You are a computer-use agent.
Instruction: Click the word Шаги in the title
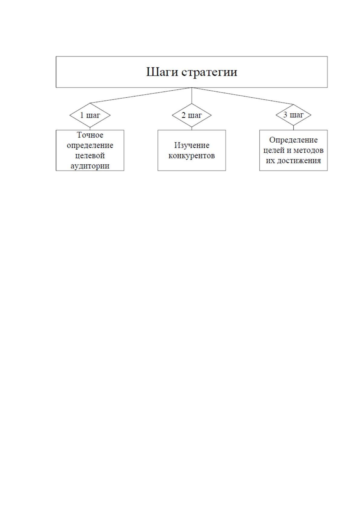tap(162, 72)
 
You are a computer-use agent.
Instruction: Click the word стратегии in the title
tap(209, 73)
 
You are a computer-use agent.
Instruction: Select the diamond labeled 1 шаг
tap(90, 115)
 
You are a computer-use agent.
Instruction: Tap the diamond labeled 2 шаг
tap(192, 115)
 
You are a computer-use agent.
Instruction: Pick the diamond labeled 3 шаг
tap(294, 115)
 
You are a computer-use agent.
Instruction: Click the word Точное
tap(90, 135)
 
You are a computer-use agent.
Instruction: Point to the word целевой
tap(90, 156)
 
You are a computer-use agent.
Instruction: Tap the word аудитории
tap(90, 166)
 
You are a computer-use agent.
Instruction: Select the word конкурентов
tap(192, 156)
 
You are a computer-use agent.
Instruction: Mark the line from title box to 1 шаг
tap(141, 95)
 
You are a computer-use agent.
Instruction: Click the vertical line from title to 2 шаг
tap(192, 96)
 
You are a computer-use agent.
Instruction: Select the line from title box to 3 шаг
tap(242, 96)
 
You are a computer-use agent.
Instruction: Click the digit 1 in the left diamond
tap(82, 115)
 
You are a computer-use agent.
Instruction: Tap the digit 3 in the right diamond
tap(285, 115)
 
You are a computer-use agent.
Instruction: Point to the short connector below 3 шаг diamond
tap(294, 128)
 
